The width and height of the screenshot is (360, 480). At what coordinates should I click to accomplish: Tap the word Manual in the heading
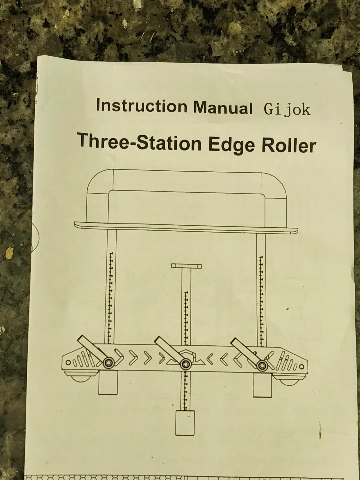(223, 107)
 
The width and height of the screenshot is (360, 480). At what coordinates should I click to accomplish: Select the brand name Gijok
(287, 110)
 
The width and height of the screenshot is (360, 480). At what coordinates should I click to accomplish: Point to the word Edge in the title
(232, 145)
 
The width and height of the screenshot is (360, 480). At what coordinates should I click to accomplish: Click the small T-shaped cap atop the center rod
(186, 266)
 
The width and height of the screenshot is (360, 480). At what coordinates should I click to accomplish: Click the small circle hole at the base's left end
(68, 363)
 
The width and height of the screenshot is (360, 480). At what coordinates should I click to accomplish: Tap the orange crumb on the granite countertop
(9, 253)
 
